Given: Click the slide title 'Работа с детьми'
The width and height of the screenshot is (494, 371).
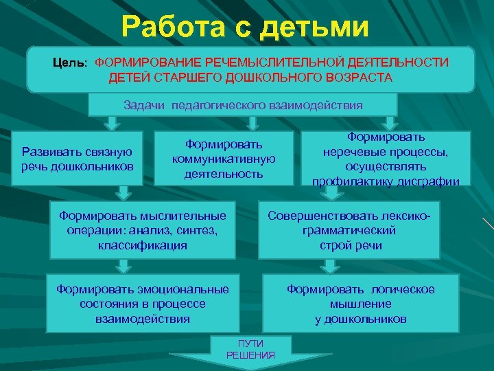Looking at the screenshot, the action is [245, 27].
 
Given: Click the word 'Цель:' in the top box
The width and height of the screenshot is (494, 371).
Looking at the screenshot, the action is [71, 63].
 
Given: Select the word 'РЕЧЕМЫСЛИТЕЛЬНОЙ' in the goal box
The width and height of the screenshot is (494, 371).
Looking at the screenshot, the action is [248, 63].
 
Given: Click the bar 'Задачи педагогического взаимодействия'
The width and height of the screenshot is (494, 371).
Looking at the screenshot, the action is [243, 105].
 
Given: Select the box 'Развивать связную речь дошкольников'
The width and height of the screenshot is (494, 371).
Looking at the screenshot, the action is [78, 159].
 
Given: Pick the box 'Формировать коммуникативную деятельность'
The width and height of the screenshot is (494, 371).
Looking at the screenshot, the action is [224, 159].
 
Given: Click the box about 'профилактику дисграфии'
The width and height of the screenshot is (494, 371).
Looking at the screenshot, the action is [386, 159].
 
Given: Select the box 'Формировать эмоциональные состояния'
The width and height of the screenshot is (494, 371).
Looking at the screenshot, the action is [143, 304].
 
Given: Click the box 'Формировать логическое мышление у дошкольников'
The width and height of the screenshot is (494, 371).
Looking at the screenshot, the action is [360, 304].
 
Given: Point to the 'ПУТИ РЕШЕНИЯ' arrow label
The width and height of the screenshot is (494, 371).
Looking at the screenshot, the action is [250, 349].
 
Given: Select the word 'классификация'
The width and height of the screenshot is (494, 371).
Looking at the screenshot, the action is [143, 245].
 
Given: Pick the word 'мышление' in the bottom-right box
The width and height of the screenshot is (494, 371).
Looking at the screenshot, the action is [360, 304].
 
